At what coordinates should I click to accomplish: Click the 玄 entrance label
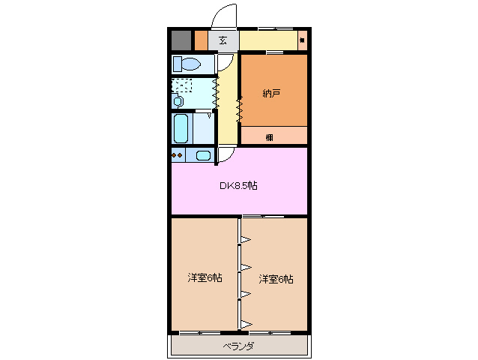point(223,40)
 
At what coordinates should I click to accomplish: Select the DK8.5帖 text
point(238,185)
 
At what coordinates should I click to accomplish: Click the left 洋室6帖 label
point(204,278)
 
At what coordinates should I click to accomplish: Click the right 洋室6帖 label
point(276,278)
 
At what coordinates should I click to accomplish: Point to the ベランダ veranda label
point(239,346)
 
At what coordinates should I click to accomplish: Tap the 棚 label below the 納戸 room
point(268,137)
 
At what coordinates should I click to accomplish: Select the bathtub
point(181,128)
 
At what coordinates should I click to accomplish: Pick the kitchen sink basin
point(202,155)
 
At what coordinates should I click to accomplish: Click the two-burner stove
point(178,155)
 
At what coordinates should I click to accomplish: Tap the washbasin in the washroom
point(178,100)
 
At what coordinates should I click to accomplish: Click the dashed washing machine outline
point(182,85)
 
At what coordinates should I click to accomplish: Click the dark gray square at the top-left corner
point(181,40)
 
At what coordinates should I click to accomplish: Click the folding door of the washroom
point(216,91)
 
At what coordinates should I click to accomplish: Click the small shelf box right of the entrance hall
point(302,40)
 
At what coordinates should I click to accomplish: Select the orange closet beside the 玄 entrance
point(201,40)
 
